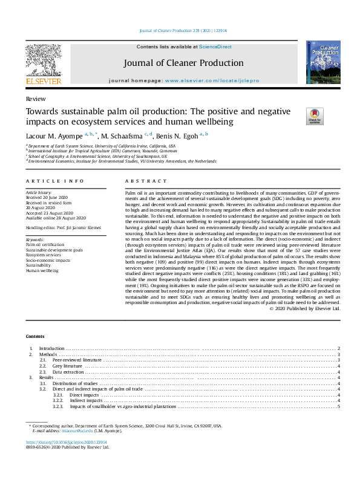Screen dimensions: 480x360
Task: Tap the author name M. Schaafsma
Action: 123,135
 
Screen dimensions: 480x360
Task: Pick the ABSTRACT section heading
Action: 145,181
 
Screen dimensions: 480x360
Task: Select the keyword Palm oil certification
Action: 45,244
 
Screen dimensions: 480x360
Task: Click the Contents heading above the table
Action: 34,336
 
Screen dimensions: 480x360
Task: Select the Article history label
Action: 39,192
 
